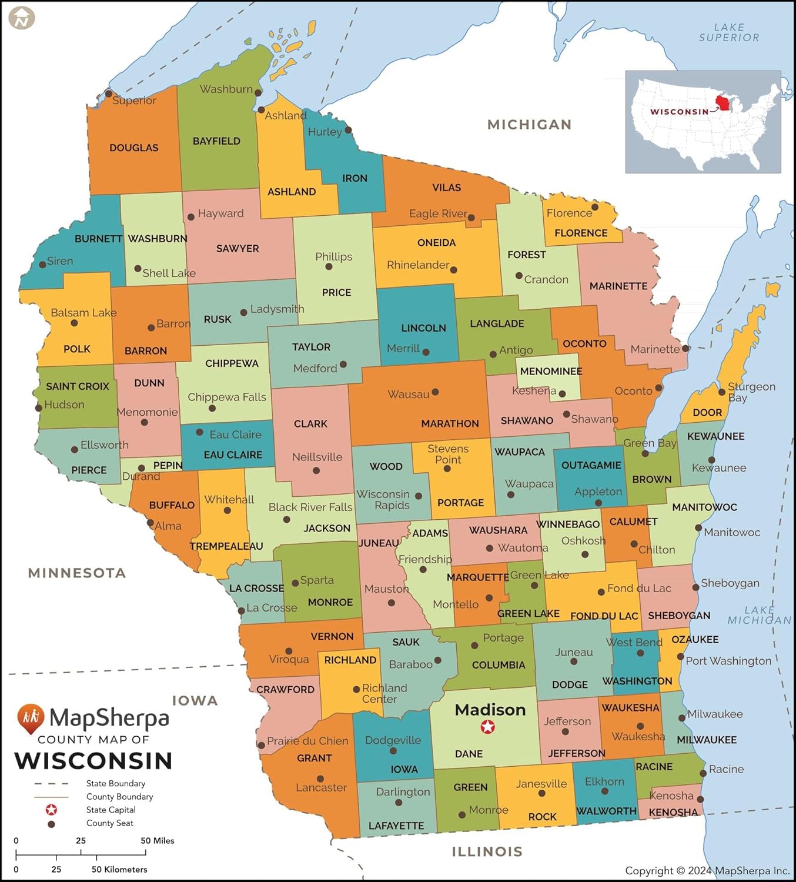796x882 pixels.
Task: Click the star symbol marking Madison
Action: click(487, 727)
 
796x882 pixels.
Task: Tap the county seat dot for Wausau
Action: click(435, 392)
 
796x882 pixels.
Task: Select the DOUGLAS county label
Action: click(133, 148)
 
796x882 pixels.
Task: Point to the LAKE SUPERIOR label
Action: click(729, 32)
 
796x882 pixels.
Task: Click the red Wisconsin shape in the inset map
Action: click(723, 104)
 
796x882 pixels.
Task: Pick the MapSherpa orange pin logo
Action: click(31, 718)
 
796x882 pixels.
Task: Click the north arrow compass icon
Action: click(22, 18)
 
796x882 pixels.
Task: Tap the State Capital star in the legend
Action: click(51, 810)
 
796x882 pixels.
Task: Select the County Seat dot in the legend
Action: click(51, 824)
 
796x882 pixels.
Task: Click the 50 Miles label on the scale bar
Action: click(157, 840)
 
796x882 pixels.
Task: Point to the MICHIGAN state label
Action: click(529, 125)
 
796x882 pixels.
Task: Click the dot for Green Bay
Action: click(645, 453)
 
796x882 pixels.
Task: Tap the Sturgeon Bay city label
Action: click(751, 392)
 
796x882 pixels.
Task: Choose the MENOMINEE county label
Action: click(551, 371)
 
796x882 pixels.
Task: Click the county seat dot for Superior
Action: click(108, 93)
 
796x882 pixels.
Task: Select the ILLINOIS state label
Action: click(487, 851)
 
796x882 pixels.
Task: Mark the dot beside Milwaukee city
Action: click(682, 718)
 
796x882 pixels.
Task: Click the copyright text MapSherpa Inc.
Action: click(708, 870)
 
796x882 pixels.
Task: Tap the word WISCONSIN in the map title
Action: click(93, 760)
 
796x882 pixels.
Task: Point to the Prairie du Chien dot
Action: click(261, 745)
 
